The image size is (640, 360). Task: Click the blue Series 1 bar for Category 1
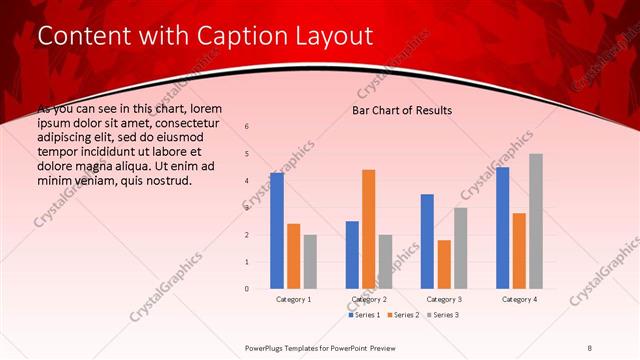pyautogui.click(x=277, y=231)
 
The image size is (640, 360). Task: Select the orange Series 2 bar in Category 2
pyautogui.click(x=369, y=229)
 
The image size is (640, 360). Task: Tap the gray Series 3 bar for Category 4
pyautogui.click(x=536, y=221)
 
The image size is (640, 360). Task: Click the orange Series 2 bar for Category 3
pyautogui.click(x=444, y=264)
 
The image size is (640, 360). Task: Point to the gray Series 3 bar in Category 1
pyautogui.click(x=311, y=261)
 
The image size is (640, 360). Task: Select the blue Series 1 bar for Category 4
pyautogui.click(x=502, y=228)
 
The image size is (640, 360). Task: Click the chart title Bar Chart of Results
pyautogui.click(x=402, y=110)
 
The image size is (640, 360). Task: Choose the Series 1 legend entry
pyautogui.click(x=364, y=315)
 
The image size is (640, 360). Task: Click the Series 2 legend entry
pyautogui.click(x=403, y=315)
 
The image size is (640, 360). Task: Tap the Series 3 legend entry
pyautogui.click(x=443, y=315)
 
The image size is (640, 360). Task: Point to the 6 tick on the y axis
pyautogui.click(x=247, y=127)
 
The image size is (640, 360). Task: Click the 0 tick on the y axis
pyautogui.click(x=247, y=289)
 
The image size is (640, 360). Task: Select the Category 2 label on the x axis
pyautogui.click(x=369, y=299)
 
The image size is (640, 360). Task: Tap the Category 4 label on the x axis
pyautogui.click(x=519, y=299)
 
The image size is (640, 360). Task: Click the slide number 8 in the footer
pyautogui.click(x=589, y=348)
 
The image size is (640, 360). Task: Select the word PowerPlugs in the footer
pyautogui.click(x=268, y=348)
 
